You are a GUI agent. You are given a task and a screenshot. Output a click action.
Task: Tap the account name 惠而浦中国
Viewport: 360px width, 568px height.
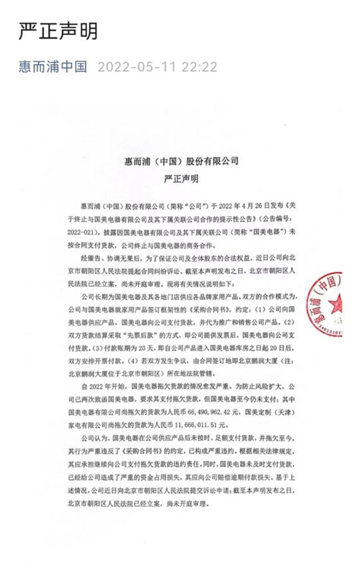(x=53, y=67)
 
